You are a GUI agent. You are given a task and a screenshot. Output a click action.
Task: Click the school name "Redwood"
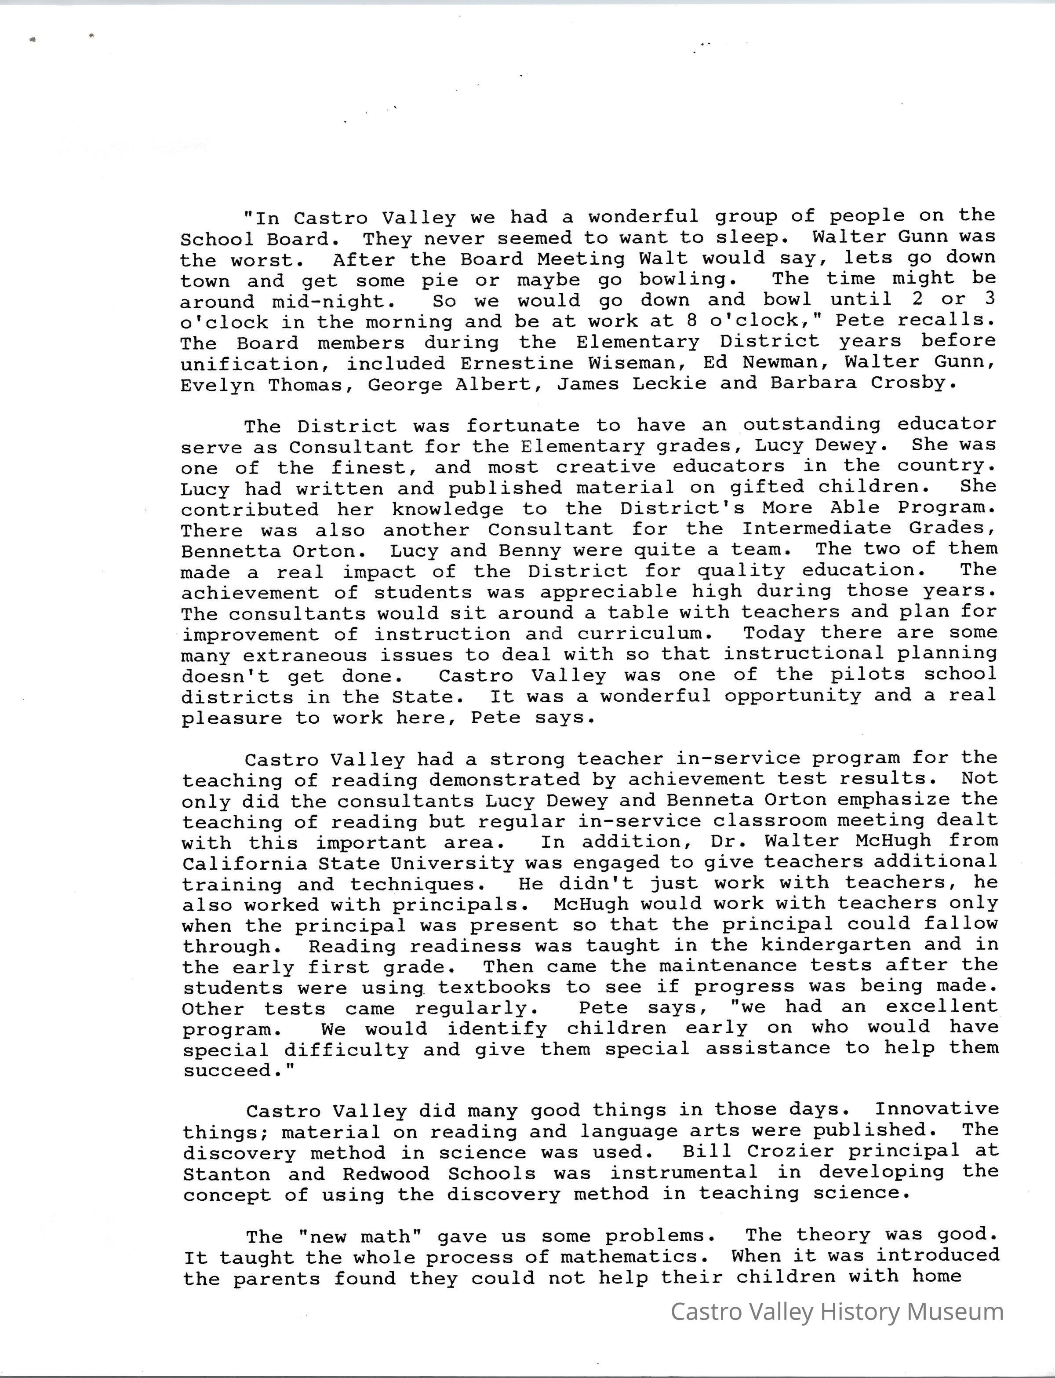(x=386, y=1173)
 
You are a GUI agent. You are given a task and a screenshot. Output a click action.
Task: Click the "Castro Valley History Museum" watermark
(x=837, y=1312)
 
